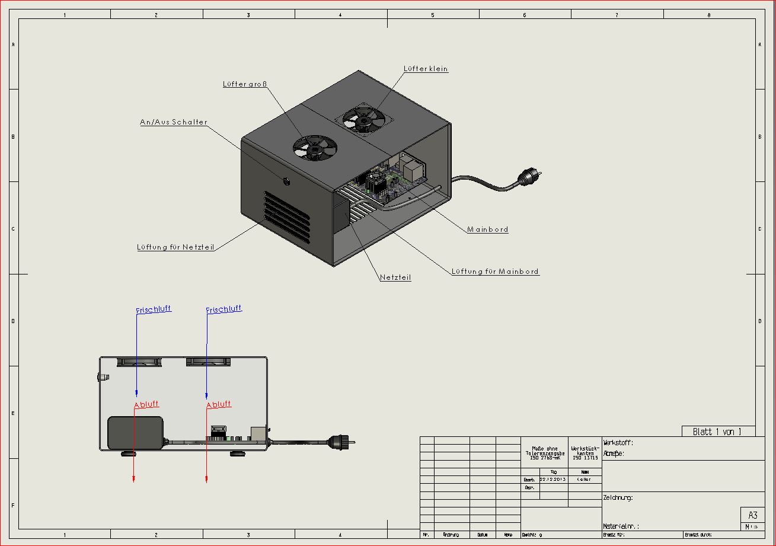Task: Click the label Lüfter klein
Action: pyautogui.click(x=426, y=69)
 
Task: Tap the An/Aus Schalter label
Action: pyautogui.click(x=174, y=122)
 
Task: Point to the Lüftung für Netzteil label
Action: pyautogui.click(x=175, y=247)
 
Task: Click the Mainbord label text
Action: pyautogui.click(x=487, y=229)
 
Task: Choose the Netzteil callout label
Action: pyautogui.click(x=395, y=277)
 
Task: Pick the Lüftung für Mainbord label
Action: pyautogui.click(x=495, y=272)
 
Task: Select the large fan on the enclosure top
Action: pyautogui.click(x=314, y=148)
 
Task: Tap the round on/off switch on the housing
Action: pyautogui.click(x=287, y=181)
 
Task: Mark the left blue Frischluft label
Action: pyautogui.click(x=154, y=309)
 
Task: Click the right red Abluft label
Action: pyautogui.click(x=219, y=404)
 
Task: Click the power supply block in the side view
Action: pyautogui.click(x=135, y=433)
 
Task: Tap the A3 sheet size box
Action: pyautogui.click(x=753, y=515)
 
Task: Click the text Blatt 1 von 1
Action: pyautogui.click(x=717, y=432)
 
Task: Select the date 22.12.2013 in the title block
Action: pyautogui.click(x=553, y=479)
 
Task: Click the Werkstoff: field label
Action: pyautogui.click(x=618, y=443)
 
